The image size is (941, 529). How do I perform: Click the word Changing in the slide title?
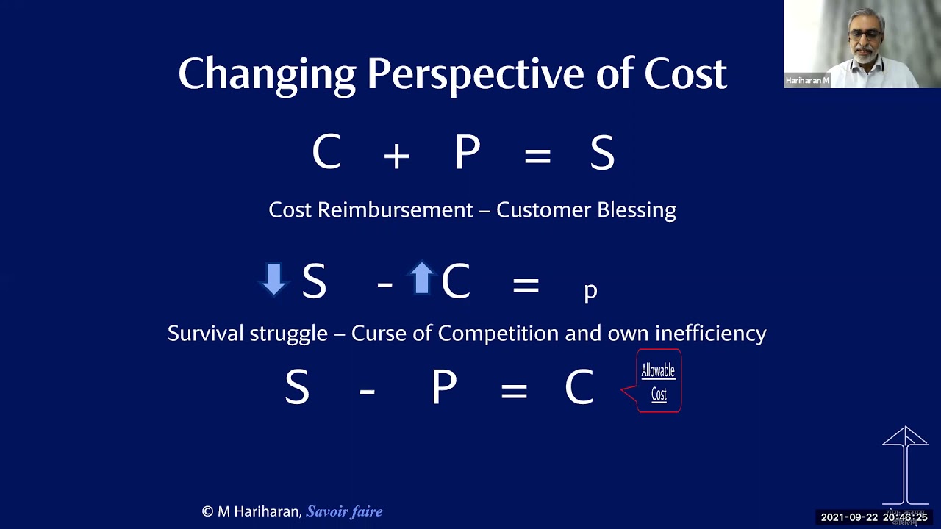click(x=267, y=74)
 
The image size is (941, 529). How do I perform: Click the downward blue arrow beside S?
click(x=273, y=279)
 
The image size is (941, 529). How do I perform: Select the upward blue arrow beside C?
click(x=422, y=278)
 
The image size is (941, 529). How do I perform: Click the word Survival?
click(x=206, y=334)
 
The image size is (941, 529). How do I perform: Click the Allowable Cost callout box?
click(x=658, y=381)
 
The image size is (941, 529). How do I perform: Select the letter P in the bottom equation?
click(x=444, y=388)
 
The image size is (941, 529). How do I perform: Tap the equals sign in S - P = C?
click(x=514, y=390)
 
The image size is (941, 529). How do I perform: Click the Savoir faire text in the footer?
click(x=344, y=511)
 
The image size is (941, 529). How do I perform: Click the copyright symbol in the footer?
click(x=207, y=511)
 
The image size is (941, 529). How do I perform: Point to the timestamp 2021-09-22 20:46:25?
click(x=874, y=517)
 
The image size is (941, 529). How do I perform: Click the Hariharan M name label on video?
click(x=807, y=81)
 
